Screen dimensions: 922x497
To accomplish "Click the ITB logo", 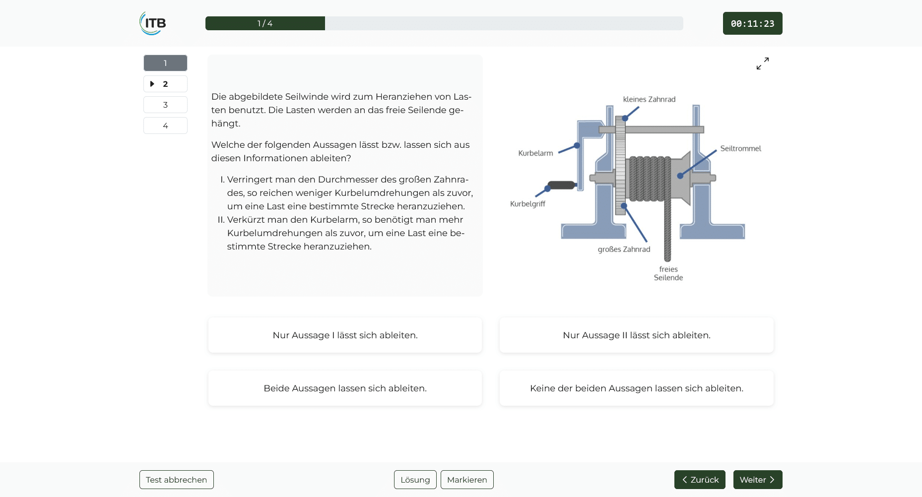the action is pos(153,23).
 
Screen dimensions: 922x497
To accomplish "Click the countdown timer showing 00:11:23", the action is pos(752,23).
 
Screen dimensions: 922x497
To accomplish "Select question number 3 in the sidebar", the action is pos(165,105).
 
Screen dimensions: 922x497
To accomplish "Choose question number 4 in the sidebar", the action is pos(165,125).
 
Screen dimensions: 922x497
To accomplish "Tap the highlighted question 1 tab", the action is pos(165,63).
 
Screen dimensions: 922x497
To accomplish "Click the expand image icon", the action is pos(763,63).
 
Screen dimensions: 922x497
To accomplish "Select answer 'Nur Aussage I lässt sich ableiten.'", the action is pos(345,335).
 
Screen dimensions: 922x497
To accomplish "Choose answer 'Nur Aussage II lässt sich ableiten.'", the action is pos(637,335).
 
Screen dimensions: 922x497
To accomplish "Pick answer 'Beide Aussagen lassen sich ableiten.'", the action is pos(345,388).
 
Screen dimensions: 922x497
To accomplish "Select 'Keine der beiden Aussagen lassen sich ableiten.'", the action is pos(637,388).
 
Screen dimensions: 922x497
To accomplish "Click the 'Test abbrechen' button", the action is pos(177,480).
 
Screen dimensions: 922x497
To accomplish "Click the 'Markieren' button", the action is pos(467,480).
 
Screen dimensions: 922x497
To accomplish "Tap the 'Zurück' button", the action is pos(700,480).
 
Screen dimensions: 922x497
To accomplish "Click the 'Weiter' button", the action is pos(758,480).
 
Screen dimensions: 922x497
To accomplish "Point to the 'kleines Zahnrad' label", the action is pos(649,99).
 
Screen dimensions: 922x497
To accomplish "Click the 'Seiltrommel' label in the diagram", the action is pos(740,148).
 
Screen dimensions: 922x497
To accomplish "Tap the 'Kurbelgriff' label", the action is pos(527,204).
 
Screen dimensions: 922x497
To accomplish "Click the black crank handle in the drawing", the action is pos(561,185).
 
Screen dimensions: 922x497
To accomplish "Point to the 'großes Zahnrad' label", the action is pos(624,249).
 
